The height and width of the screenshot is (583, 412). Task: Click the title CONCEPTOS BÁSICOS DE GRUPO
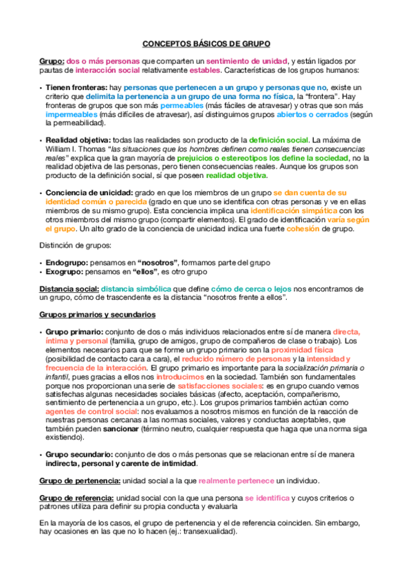coord(206,43)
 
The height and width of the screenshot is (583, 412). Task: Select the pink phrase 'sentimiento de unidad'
coord(247,62)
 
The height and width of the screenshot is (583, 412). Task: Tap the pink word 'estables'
coord(204,71)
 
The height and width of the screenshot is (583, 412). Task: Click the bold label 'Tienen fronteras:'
coord(76,88)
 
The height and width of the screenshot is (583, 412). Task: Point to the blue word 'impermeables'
coord(72,114)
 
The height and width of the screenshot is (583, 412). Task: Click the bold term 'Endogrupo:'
coord(69,263)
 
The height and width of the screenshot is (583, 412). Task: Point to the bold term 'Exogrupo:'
coord(67,272)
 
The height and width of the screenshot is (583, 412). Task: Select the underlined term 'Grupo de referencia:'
coord(77,498)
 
